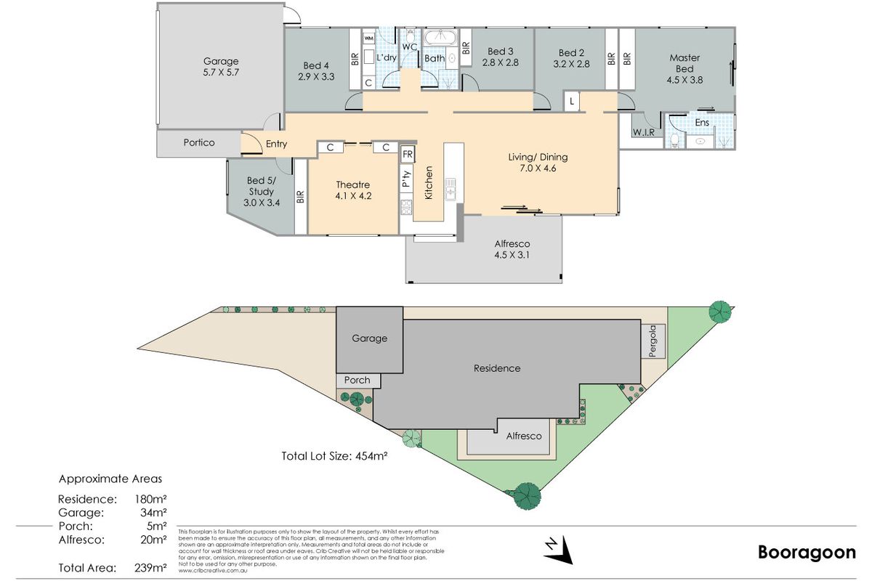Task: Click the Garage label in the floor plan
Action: [221, 62]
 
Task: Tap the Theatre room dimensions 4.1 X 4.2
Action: [354, 195]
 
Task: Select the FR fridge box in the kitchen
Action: [408, 154]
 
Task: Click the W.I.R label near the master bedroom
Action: [644, 133]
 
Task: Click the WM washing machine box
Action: [368, 38]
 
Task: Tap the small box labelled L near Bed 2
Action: [573, 102]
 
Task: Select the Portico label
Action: [198, 143]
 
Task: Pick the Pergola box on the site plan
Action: [652, 340]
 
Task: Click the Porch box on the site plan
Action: [357, 380]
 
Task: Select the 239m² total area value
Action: [151, 566]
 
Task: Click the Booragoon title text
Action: [807, 553]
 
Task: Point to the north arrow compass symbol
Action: [557, 550]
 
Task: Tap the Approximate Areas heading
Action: [110, 479]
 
